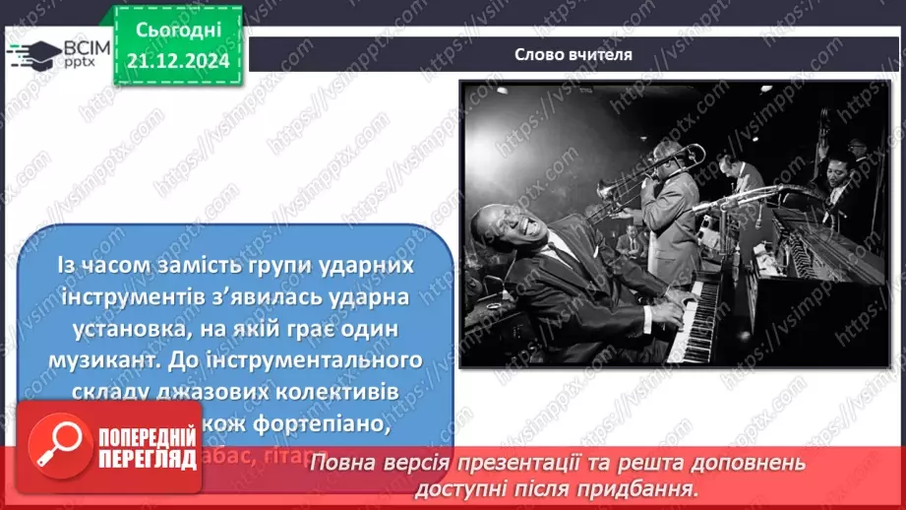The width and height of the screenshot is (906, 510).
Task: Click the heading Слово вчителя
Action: (x=573, y=55)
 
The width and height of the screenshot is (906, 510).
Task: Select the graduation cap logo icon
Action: (x=33, y=55)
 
